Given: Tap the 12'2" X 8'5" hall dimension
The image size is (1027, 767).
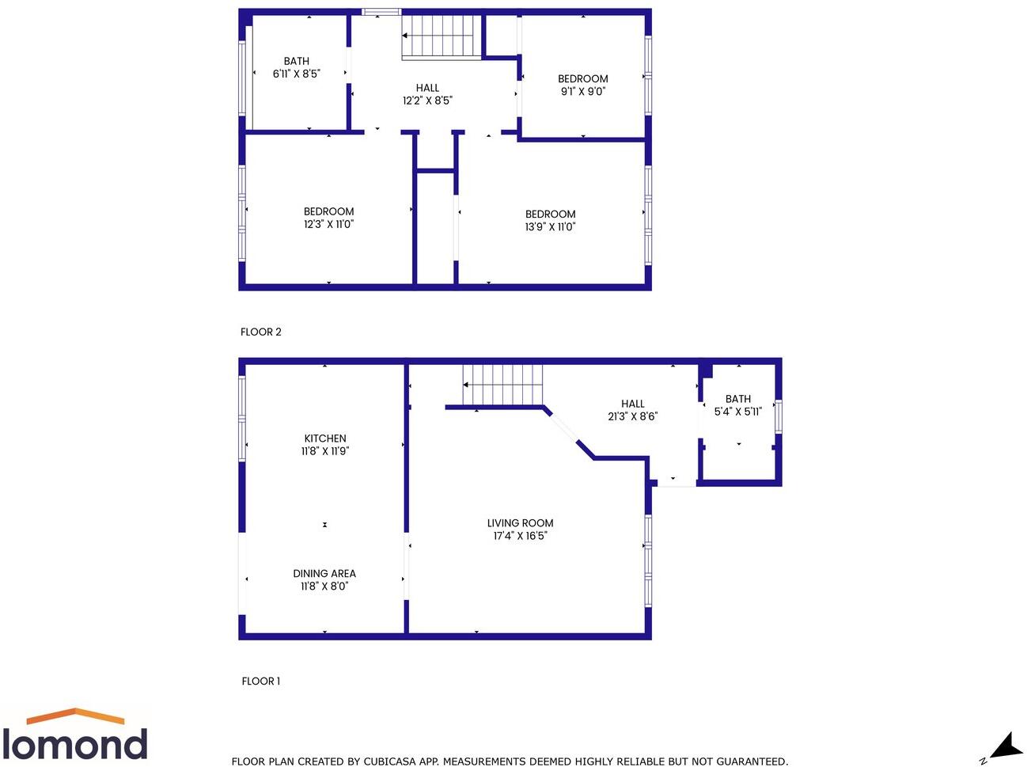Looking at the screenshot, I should pyautogui.click(x=427, y=101).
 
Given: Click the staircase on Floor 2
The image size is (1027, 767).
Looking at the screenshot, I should pyautogui.click(x=441, y=36).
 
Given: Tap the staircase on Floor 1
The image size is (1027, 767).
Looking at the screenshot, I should pyautogui.click(x=503, y=385).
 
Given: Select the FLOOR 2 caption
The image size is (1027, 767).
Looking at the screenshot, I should pyautogui.click(x=261, y=332).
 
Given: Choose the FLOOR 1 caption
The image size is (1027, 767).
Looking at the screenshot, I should pyautogui.click(x=261, y=681).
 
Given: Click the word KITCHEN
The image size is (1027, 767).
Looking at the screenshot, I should pyautogui.click(x=325, y=438).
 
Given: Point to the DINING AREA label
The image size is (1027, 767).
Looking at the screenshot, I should pyautogui.click(x=324, y=573).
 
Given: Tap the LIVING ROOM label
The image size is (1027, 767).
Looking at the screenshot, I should pyautogui.click(x=520, y=522).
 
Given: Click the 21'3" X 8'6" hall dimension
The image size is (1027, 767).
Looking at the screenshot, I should pyautogui.click(x=632, y=416).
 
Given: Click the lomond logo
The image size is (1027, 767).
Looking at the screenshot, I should pyautogui.click(x=75, y=736).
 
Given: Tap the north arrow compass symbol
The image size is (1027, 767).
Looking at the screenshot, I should pyautogui.click(x=1004, y=746).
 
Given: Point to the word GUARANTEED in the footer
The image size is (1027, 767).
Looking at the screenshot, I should pyautogui.click(x=751, y=761).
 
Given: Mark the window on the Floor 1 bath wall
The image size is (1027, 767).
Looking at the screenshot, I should pyautogui.click(x=779, y=416).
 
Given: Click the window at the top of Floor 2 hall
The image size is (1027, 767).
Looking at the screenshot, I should pyautogui.click(x=381, y=12).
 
